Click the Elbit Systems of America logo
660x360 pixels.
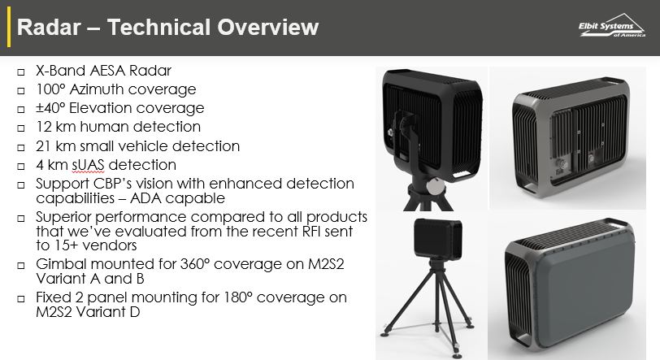(x=611, y=26)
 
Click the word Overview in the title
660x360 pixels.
(x=267, y=27)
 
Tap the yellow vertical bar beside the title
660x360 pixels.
(x=9, y=27)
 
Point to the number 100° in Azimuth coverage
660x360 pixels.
(x=51, y=89)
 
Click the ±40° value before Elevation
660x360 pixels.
(x=51, y=108)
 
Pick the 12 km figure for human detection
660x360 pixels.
(x=56, y=126)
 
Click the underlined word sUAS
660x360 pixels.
(x=88, y=165)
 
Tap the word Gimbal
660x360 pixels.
(x=62, y=264)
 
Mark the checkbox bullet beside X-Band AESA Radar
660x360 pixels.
(x=21, y=72)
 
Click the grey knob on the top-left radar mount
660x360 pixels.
(x=435, y=186)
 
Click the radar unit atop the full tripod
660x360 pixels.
(x=438, y=238)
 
